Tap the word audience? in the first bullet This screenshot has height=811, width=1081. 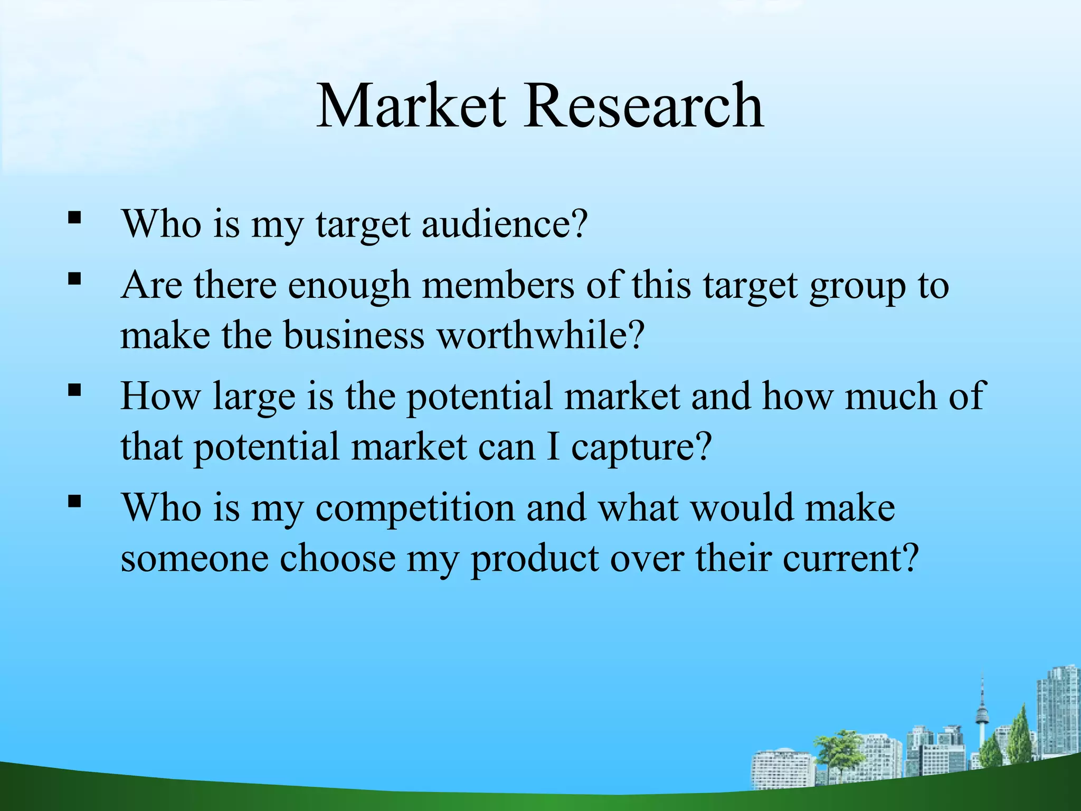coord(504,224)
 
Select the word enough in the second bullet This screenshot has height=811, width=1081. coord(349,286)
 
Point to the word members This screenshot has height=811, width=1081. coord(498,286)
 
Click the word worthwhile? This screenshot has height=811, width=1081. coord(542,335)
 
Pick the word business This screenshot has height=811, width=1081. coord(354,335)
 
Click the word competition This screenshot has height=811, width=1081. coord(415,508)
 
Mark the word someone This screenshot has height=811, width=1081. coord(194,559)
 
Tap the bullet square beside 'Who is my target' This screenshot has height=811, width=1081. coord(74,217)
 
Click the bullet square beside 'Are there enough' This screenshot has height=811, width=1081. coord(74,278)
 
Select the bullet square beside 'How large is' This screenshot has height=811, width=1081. coord(74,390)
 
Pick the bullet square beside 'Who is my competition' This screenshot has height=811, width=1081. coord(74,501)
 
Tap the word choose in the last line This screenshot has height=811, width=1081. coord(337,559)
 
